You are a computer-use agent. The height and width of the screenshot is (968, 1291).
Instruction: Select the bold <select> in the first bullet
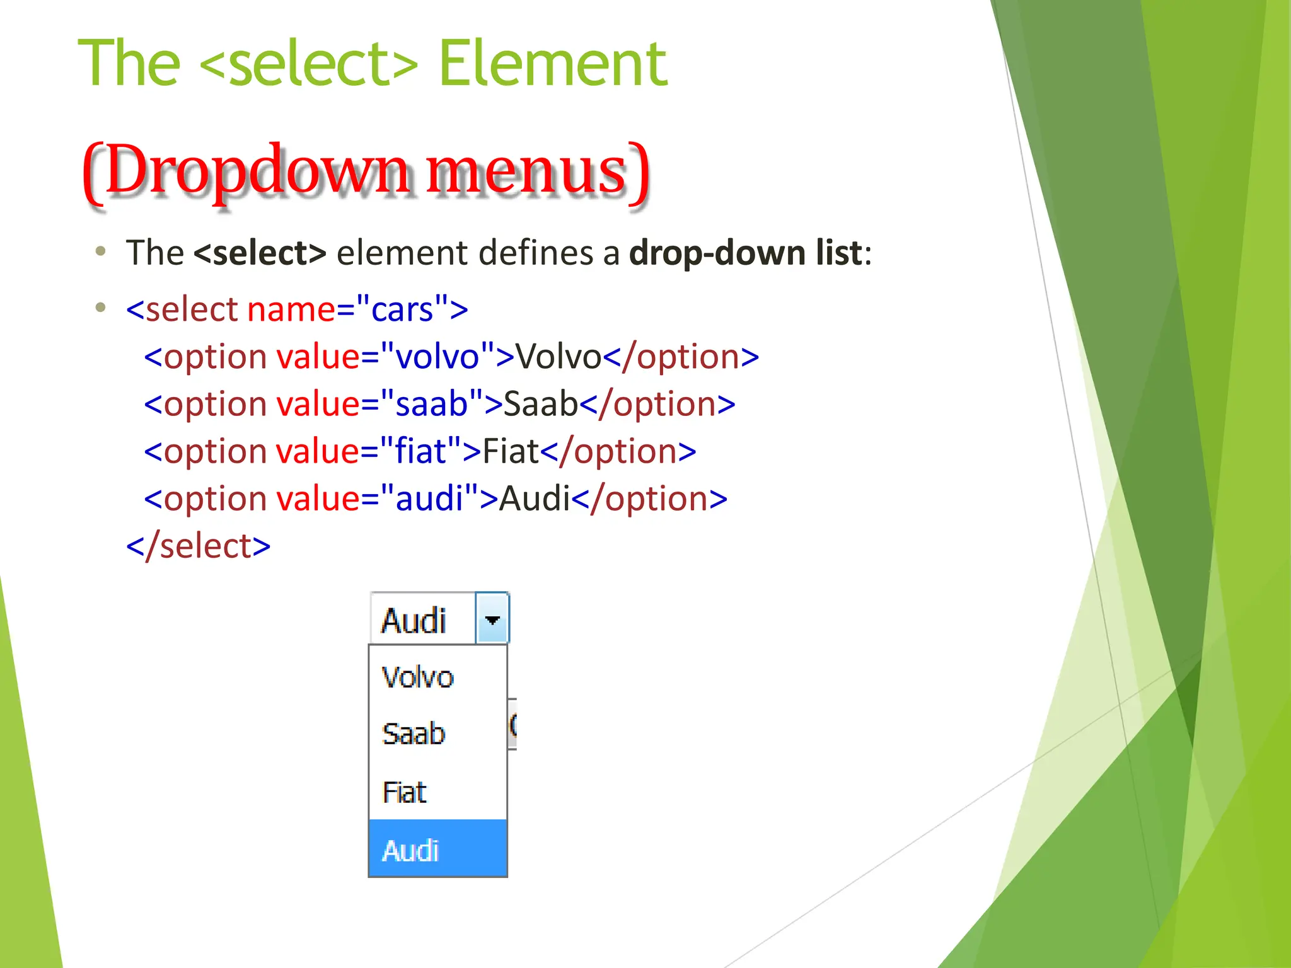tap(260, 253)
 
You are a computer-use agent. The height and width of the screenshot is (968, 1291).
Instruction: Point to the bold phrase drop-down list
tap(746, 253)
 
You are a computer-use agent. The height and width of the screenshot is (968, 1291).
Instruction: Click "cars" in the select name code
tap(402, 309)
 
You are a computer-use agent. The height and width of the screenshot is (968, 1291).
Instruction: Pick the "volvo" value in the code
tap(437, 357)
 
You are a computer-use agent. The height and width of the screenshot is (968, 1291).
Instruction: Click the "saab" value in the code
tap(431, 404)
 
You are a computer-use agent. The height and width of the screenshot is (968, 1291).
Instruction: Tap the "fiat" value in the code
tap(420, 451)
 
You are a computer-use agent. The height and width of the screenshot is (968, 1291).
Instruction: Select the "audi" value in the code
tap(429, 498)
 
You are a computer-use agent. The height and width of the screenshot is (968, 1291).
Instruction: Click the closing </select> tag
tap(199, 546)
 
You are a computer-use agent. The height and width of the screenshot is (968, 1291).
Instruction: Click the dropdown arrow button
tap(492, 619)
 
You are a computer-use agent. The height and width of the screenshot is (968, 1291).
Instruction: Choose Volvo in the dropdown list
tap(417, 677)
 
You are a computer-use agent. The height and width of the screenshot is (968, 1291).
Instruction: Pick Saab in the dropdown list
tap(414, 734)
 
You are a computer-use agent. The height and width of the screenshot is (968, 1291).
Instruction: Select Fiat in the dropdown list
tap(405, 792)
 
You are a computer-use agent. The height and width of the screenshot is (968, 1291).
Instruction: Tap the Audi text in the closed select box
tap(414, 621)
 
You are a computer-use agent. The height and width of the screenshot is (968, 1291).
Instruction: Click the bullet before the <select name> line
tap(100, 308)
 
